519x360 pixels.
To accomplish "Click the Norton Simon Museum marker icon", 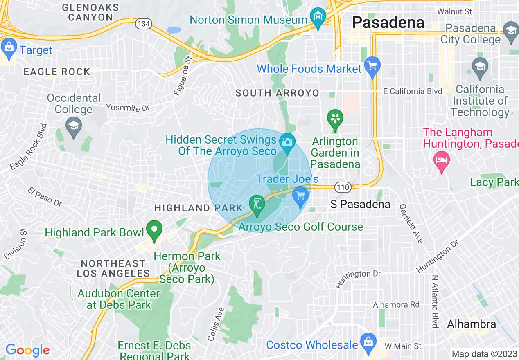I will click(x=318, y=17).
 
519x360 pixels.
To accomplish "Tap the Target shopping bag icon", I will click(x=9, y=48).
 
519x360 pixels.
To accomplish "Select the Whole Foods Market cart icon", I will click(x=372, y=66).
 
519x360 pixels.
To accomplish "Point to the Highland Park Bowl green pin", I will click(x=154, y=230).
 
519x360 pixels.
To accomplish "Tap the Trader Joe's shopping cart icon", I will click(x=301, y=196).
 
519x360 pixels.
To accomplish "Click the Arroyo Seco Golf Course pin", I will click(x=257, y=205).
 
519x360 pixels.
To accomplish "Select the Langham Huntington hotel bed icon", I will click(x=442, y=160).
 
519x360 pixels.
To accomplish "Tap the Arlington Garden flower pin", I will click(x=335, y=119).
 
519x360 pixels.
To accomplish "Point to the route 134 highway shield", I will click(x=144, y=24).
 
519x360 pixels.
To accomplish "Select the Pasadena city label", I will click(x=388, y=22).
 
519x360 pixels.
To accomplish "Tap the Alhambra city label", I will click(x=472, y=324).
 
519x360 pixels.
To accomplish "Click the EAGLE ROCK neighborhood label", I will click(x=56, y=72).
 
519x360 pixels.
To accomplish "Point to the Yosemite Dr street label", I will click(x=128, y=108).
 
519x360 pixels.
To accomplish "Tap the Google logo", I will click(x=27, y=351).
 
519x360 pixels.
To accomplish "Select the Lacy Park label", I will click(x=494, y=182).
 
